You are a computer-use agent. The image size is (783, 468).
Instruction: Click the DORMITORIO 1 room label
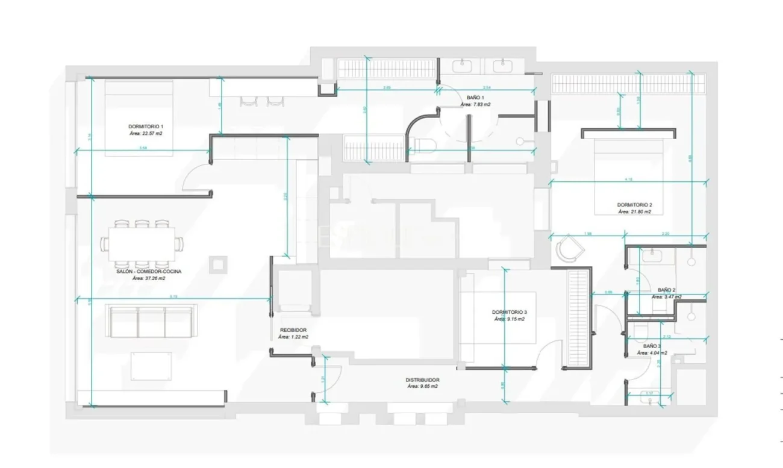pyautogui.click(x=146, y=126)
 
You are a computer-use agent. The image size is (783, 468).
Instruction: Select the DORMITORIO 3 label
pyautogui.click(x=509, y=312)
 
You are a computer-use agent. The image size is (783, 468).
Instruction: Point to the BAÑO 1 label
pyautogui.click(x=475, y=97)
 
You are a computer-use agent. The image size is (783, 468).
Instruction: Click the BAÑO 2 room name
pyautogui.click(x=666, y=290)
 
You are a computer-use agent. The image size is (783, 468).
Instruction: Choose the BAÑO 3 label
pyautogui.click(x=652, y=346)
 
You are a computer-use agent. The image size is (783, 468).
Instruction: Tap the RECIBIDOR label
pyautogui.click(x=293, y=330)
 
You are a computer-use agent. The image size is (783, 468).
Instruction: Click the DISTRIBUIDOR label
pyautogui.click(x=422, y=380)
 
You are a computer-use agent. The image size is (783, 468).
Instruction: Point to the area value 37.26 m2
pyautogui.click(x=149, y=279)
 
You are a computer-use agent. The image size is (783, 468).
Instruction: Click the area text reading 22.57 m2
pyautogui.click(x=146, y=133)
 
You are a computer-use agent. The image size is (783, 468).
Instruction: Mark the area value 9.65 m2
pyautogui.click(x=422, y=387)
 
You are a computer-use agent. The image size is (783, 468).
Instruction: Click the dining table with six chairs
pyautogui.click(x=143, y=243)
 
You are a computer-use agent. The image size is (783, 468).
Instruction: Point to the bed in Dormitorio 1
pyautogui.click(x=139, y=117)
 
